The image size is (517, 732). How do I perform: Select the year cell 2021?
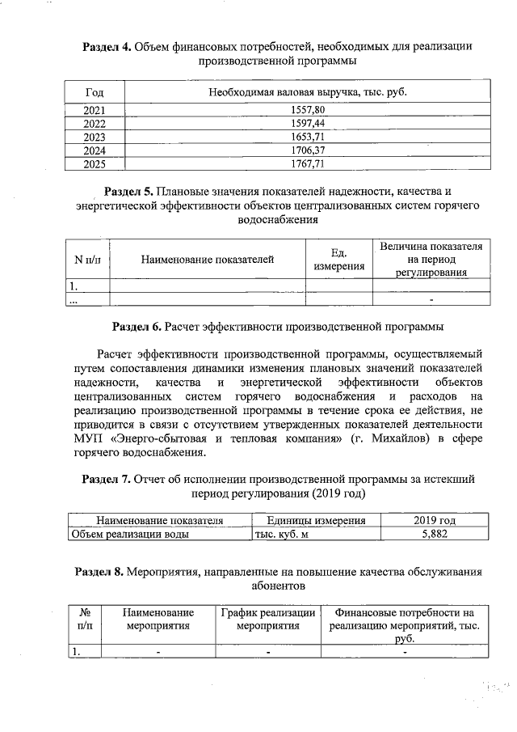95,109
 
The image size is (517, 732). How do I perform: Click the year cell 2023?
95,137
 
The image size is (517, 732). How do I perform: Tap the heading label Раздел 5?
129,192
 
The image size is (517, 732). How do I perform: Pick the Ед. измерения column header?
339,260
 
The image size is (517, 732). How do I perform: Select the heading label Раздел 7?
107,479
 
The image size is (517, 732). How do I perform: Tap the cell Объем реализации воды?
131,534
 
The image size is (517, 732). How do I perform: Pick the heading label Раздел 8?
99,572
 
